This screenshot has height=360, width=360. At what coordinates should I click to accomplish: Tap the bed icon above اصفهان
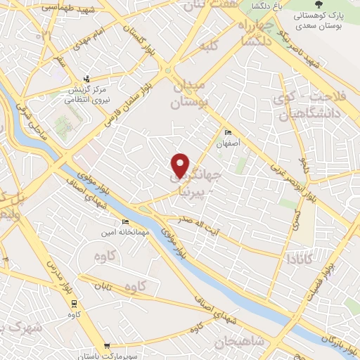(x=227, y=132)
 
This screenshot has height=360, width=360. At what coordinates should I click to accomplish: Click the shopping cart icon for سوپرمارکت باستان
(x=107, y=345)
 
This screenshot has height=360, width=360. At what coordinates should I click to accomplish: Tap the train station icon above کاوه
(x=74, y=303)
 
